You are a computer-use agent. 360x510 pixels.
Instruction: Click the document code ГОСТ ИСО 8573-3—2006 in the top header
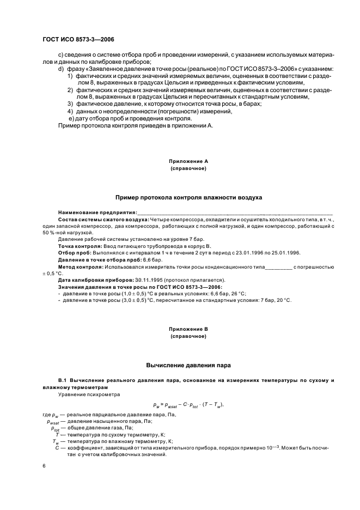(x=78, y=39)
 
